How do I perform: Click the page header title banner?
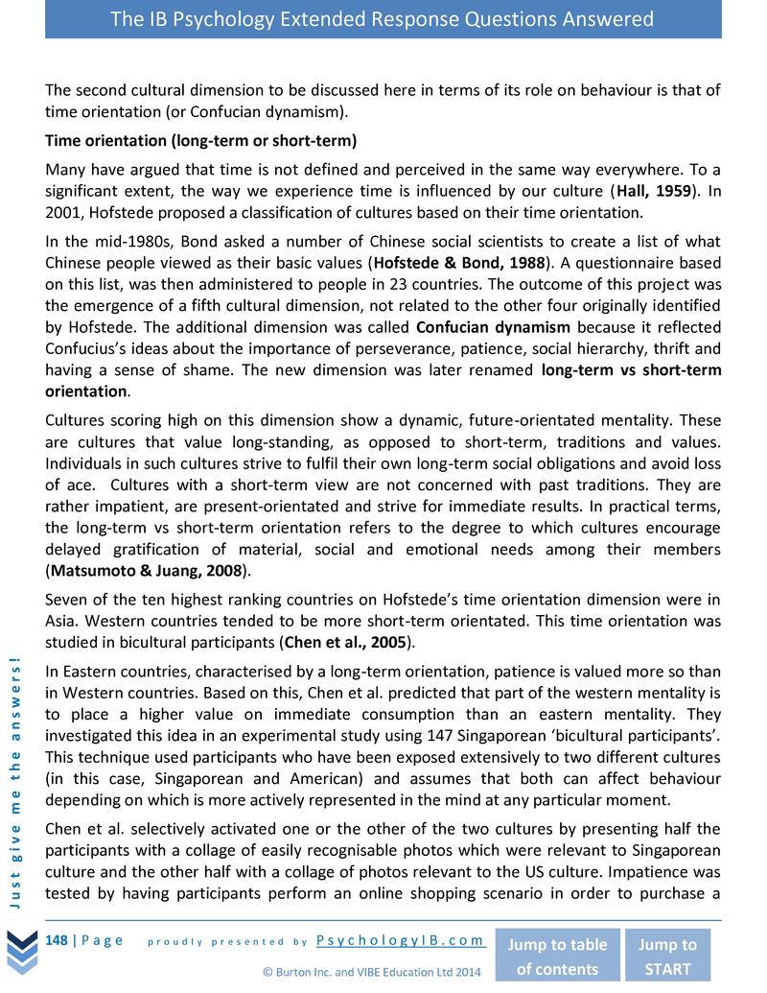click(383, 19)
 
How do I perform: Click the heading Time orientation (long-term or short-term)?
click(200, 141)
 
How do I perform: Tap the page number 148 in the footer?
click(57, 939)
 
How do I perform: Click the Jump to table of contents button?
click(556, 956)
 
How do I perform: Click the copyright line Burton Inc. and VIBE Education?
click(371, 972)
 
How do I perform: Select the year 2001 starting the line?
click(63, 212)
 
